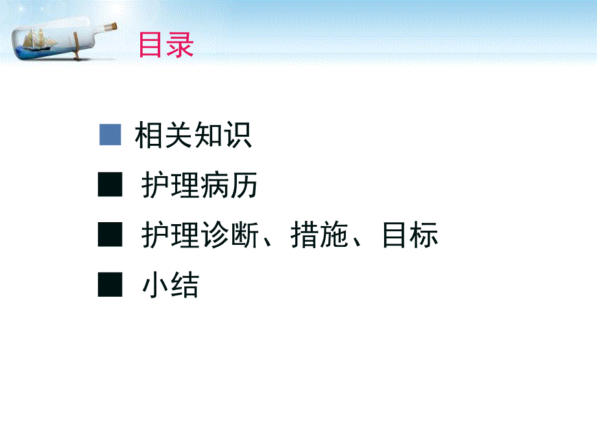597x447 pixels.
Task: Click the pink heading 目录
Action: point(166,45)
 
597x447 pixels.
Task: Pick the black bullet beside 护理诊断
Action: point(110,235)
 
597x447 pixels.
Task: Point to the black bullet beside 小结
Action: point(110,284)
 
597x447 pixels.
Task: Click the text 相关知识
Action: point(193,136)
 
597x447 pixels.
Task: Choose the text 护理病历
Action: point(199,186)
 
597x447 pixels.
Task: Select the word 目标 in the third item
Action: point(409,236)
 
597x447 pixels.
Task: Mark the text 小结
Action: point(170,286)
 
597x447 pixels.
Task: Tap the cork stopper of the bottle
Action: point(111,27)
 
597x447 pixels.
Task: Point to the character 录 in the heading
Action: point(180,45)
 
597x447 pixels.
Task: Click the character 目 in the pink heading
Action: point(152,45)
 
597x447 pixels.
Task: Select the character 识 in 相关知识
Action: point(238,136)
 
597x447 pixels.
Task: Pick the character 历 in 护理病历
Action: point(243,186)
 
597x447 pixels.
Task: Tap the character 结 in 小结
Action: point(184,286)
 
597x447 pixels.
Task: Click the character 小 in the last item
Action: point(156,286)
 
